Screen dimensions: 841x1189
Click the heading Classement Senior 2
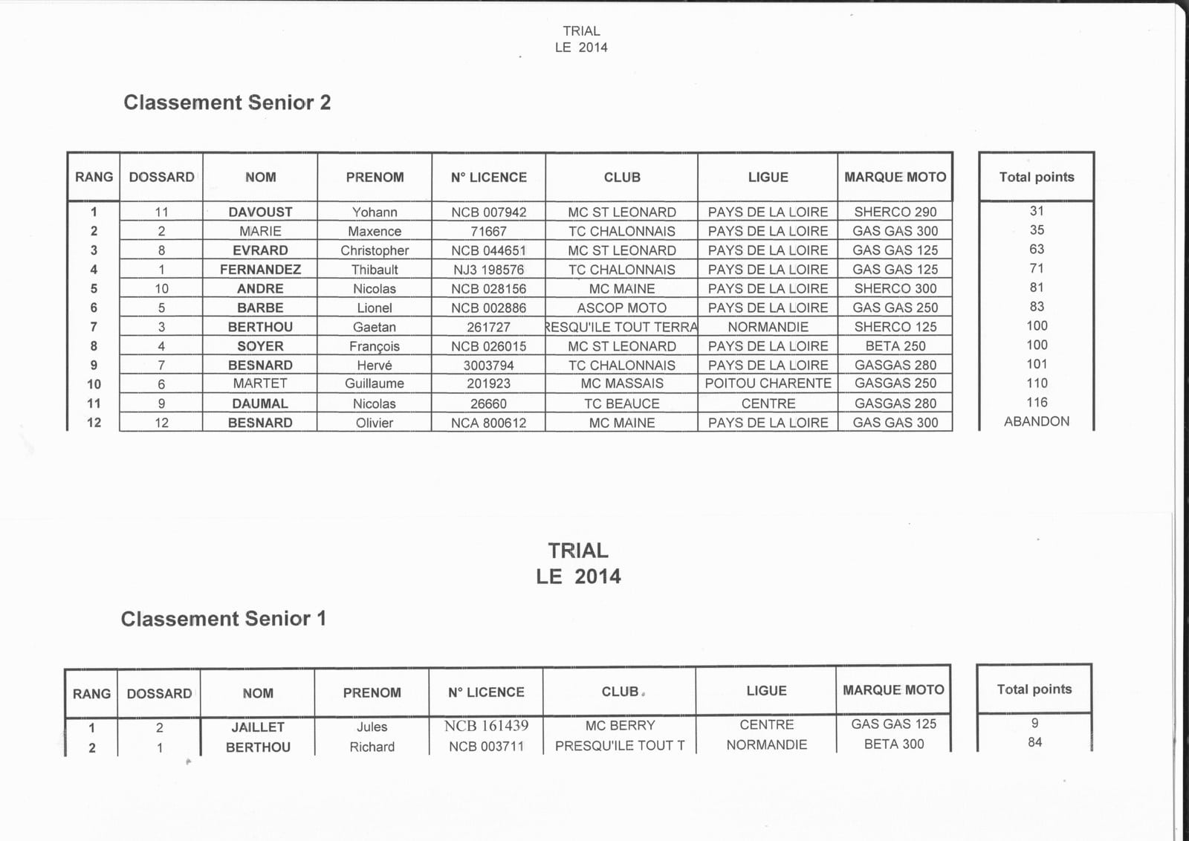[227, 103]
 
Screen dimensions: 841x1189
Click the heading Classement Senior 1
[223, 619]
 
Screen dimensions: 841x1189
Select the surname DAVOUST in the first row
[260, 212]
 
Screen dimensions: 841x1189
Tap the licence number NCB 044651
[488, 250]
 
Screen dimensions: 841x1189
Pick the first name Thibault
[375, 270]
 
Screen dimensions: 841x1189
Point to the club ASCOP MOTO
[621, 308]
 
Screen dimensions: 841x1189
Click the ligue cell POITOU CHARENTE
[768, 383]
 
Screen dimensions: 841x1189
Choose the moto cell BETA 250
[895, 346]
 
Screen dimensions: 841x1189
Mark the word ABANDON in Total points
[1036, 421]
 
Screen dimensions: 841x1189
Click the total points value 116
[1037, 403]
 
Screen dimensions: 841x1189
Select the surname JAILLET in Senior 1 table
[258, 727]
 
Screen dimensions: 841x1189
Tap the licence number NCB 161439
[486, 726]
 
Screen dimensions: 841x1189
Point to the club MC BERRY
[620, 725]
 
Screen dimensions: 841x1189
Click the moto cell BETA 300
[893, 744]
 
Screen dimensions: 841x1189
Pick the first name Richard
[372, 747]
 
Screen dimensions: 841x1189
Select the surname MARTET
[260, 383]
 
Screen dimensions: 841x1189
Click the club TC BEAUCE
[621, 403]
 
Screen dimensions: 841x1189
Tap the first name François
[375, 346]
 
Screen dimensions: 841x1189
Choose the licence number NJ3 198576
[488, 270]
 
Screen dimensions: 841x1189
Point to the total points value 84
[1034, 742]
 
